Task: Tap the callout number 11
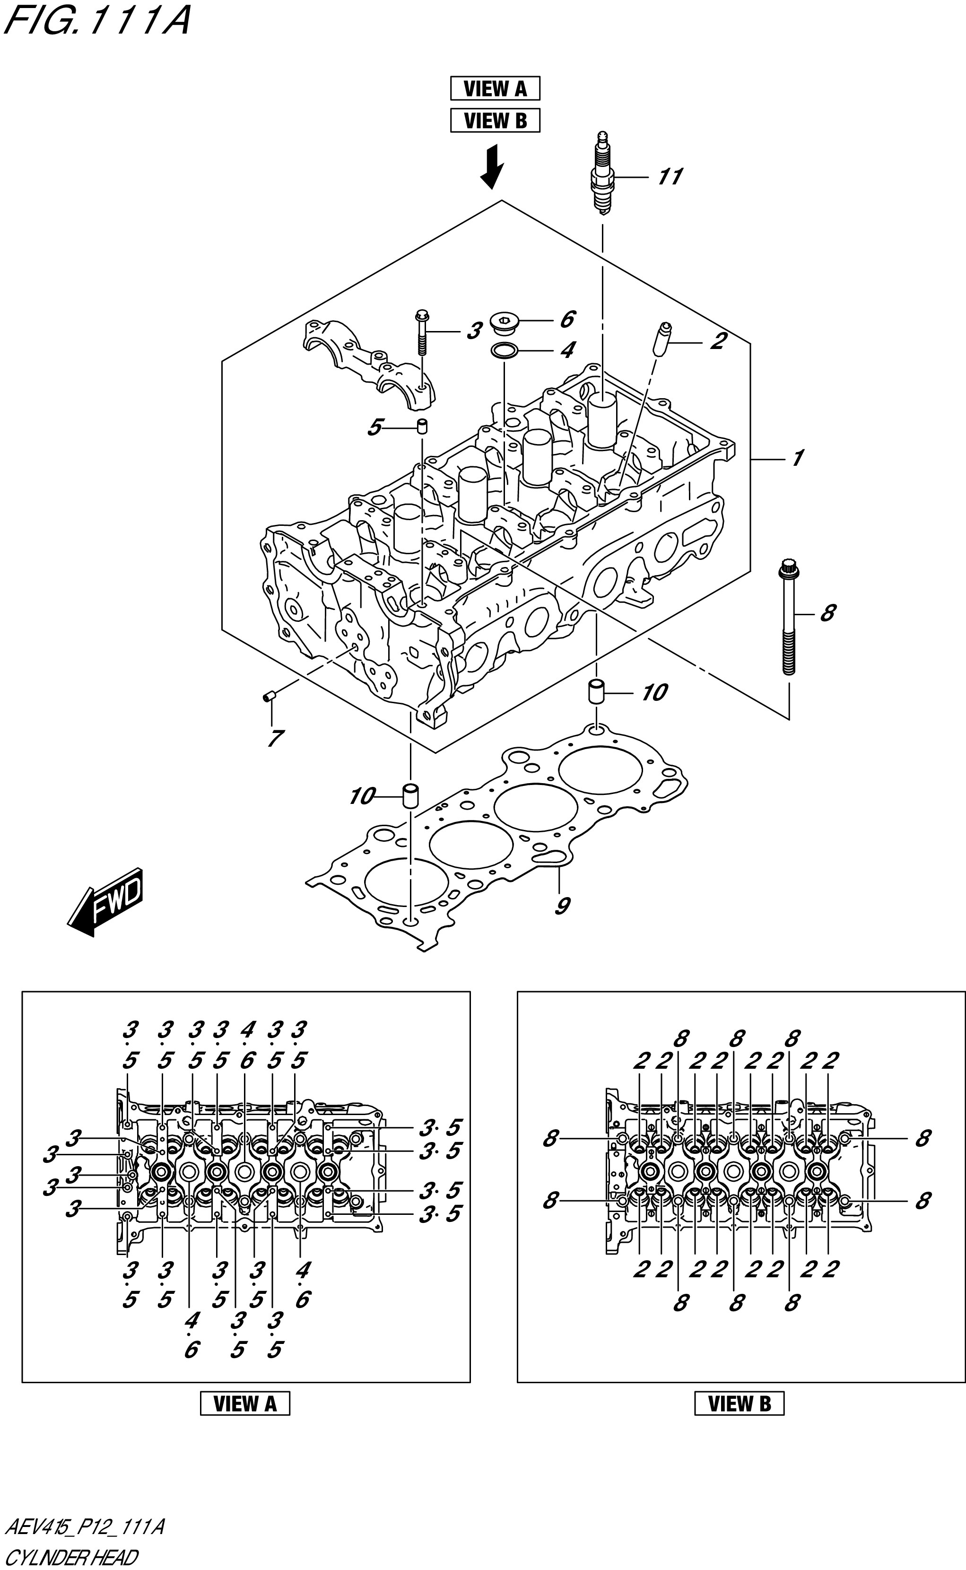[670, 176]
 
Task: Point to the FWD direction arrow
[105, 902]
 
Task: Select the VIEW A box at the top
[495, 88]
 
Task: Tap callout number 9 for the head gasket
[562, 906]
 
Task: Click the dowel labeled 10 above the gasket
[596, 692]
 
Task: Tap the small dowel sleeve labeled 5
[422, 426]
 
